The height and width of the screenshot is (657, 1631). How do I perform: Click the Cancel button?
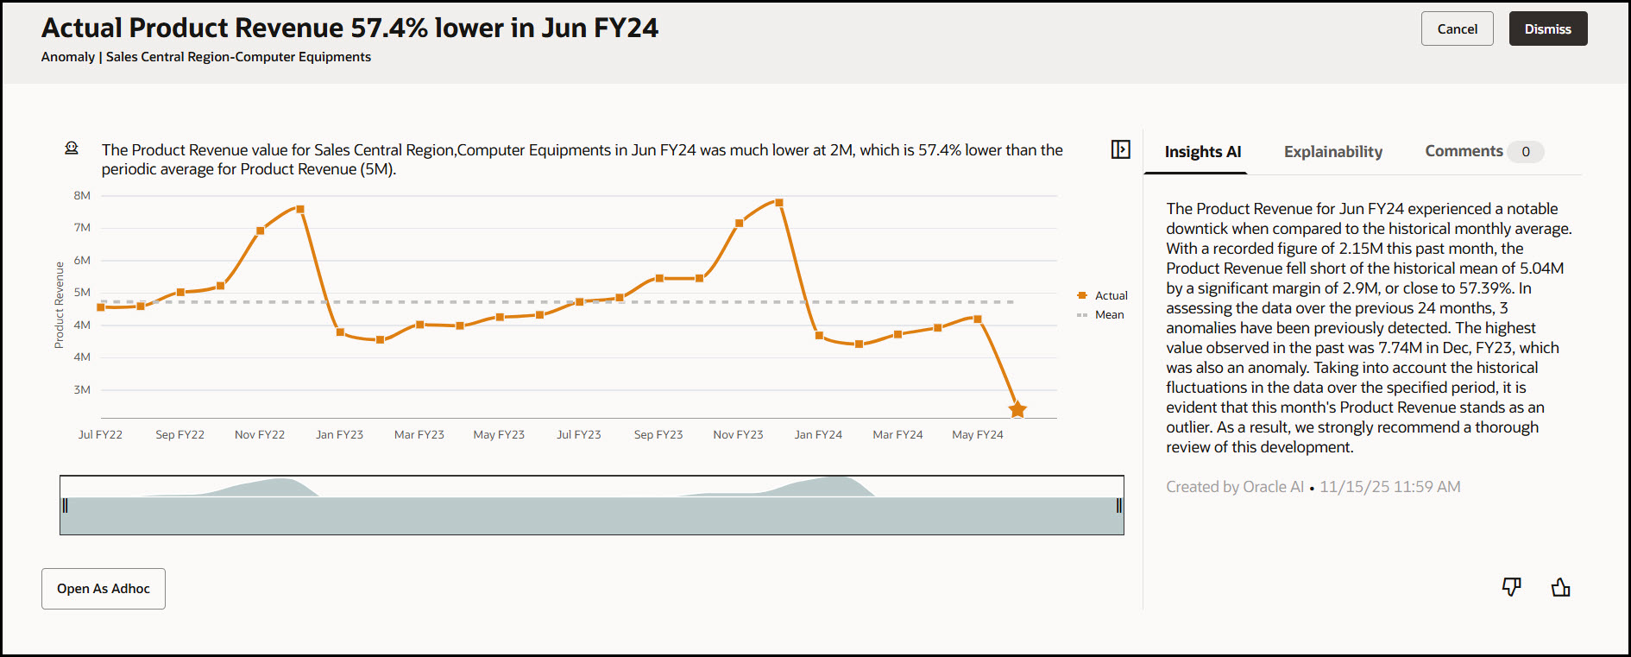click(1457, 29)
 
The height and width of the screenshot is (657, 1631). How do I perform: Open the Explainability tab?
click(1332, 152)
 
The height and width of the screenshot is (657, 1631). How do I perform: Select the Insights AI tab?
click(1202, 152)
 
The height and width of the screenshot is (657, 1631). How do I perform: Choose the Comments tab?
click(1464, 151)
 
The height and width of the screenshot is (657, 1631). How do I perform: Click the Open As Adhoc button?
click(104, 589)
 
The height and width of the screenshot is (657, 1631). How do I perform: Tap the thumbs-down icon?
click(1511, 587)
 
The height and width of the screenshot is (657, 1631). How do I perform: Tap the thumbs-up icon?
click(1560, 588)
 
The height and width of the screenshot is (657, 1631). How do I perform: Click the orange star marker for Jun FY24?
click(1017, 409)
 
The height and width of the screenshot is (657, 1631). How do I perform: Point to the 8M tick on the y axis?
click(82, 196)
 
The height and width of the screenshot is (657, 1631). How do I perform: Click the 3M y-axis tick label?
click(82, 390)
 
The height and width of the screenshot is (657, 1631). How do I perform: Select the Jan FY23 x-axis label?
click(339, 435)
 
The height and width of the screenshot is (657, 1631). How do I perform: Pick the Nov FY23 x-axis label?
click(738, 435)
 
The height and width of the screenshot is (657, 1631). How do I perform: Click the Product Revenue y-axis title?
click(60, 305)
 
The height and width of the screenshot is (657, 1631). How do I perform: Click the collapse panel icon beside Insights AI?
click(1120, 149)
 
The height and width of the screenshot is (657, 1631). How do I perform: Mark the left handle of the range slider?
click(65, 506)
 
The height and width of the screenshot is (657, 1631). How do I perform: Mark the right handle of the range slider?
click(1119, 506)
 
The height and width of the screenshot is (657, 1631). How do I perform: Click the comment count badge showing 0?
click(1526, 152)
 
